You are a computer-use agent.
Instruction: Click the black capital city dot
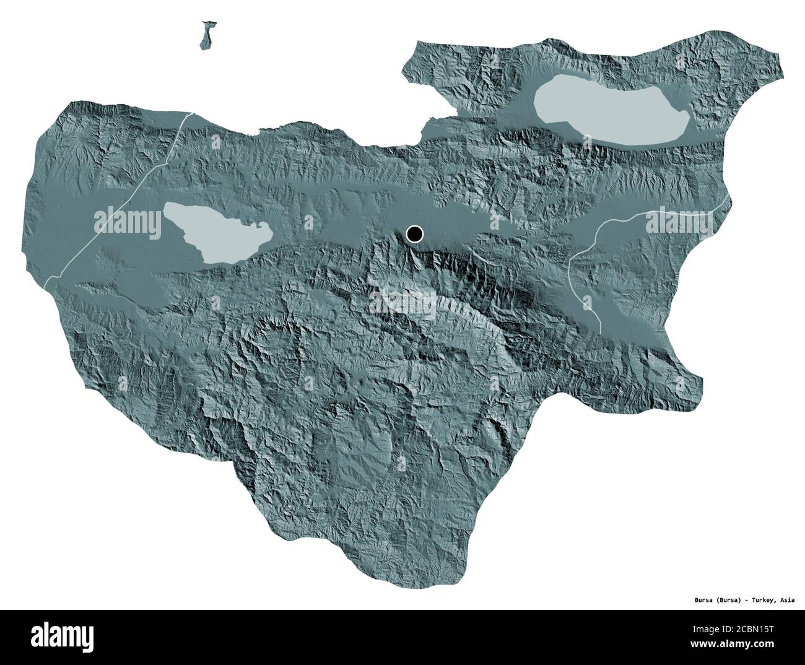414,234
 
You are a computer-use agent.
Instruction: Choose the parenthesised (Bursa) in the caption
712,600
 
